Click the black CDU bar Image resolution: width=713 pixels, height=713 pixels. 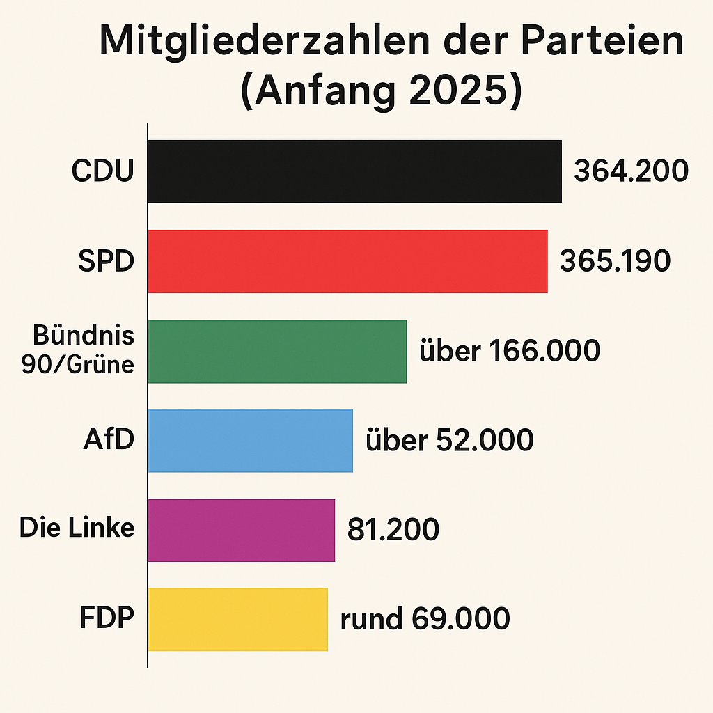pyautogui.click(x=354, y=171)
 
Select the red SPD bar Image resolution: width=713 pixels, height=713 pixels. pyautogui.click(x=347, y=261)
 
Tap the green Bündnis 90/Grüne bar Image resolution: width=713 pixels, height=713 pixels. pyautogui.click(x=277, y=351)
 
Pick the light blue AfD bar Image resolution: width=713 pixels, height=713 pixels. pyautogui.click(x=250, y=441)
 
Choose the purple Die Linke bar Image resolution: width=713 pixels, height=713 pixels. pyautogui.click(x=241, y=530)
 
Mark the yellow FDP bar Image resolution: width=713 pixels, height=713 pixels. pyautogui.click(x=237, y=619)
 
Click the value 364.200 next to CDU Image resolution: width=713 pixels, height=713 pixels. pyautogui.click(x=631, y=171)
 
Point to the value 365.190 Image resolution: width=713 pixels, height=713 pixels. pyautogui.click(x=616, y=260)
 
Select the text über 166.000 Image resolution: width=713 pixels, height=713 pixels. pyautogui.click(x=509, y=351)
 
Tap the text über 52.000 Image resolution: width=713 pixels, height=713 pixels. pyautogui.click(x=449, y=440)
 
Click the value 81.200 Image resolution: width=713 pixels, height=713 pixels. pyautogui.click(x=393, y=530)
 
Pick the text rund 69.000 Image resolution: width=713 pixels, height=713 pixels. pyautogui.click(x=425, y=619)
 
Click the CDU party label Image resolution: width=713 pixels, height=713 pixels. pyautogui.click(x=102, y=172)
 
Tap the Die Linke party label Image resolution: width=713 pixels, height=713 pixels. pyautogui.click(x=77, y=528)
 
